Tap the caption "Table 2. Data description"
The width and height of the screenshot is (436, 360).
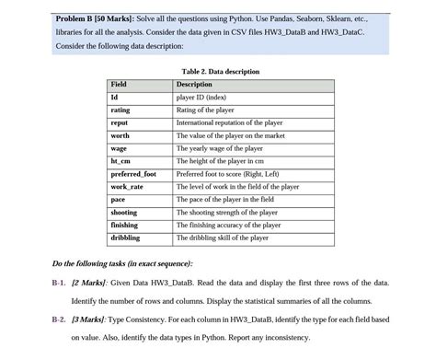tap(221, 71)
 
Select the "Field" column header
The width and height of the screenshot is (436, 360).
tap(119, 84)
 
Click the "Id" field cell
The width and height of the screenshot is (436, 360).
tap(114, 97)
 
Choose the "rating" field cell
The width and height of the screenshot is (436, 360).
tap(120, 110)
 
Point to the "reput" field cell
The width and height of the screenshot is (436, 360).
tap(120, 122)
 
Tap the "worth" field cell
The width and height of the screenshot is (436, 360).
tap(120, 135)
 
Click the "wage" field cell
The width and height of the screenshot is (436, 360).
tap(119, 148)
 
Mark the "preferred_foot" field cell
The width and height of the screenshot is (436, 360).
tap(133, 173)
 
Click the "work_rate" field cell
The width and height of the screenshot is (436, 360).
tap(127, 186)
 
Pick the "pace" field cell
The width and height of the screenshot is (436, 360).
tap(118, 199)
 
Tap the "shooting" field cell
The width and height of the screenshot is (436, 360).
tap(124, 212)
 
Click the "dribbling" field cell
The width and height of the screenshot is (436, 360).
tap(125, 238)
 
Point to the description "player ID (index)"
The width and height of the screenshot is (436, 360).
tap(205, 97)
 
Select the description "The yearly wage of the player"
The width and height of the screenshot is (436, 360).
tap(219, 148)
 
